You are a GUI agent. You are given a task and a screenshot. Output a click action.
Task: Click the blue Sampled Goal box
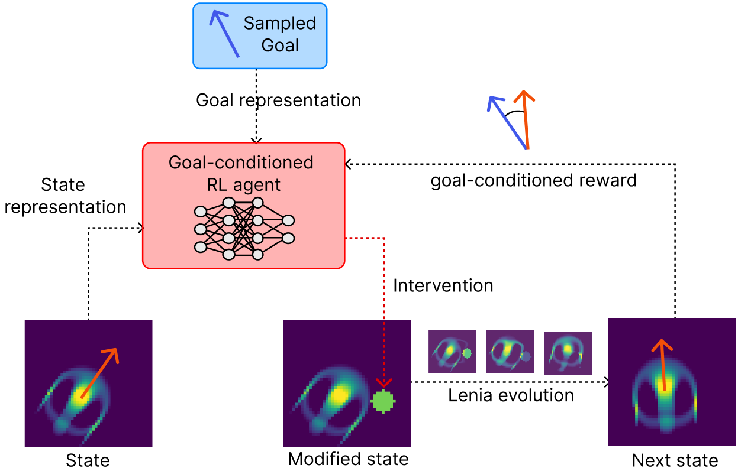259,35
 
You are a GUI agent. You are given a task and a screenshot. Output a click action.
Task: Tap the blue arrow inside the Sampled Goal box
225,34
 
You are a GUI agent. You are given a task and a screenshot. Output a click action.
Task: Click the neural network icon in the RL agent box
243,229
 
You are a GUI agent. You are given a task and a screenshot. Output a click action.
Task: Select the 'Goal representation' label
278,100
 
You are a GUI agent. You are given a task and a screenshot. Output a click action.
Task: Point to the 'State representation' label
65,196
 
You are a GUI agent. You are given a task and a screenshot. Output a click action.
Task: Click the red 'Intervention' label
443,285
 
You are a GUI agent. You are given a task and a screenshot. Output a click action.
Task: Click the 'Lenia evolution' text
510,395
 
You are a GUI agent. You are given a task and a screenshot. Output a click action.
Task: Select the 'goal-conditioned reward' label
533,180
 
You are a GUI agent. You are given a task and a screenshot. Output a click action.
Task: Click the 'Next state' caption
675,460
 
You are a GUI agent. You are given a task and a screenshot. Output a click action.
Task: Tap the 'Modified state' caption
348,459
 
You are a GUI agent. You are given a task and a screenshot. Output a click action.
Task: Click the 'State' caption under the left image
88,460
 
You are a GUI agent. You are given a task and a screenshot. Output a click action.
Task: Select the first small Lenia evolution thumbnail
452,352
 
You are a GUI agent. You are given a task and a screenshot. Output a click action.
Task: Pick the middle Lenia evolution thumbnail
510,352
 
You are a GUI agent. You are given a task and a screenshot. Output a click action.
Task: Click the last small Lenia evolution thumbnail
568,352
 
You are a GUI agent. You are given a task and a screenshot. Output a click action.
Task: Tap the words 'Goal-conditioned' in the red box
241,162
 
